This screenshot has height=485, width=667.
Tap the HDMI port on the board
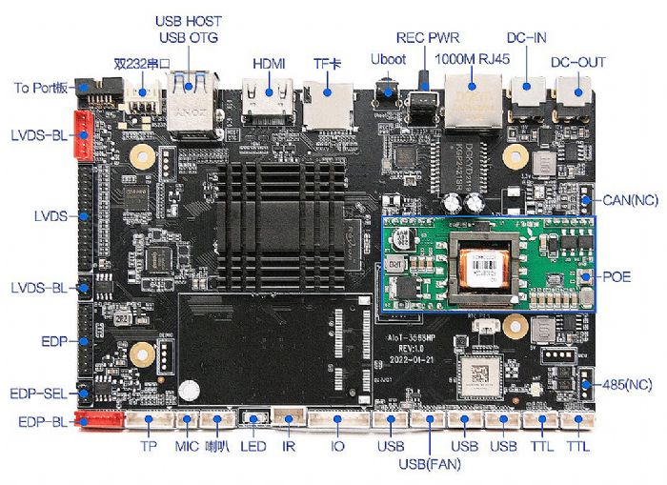point(269,101)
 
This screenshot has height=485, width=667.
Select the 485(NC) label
point(628,385)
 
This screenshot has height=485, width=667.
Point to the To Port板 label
point(40,88)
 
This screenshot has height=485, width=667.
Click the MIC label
point(187,446)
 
